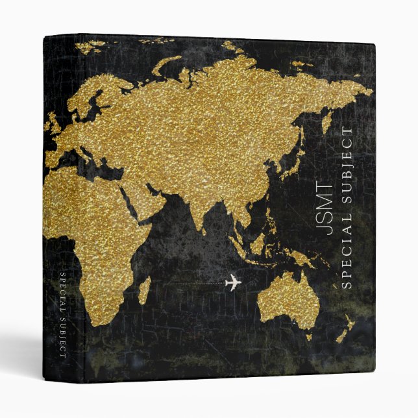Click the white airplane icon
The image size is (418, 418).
(x=232, y=283)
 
